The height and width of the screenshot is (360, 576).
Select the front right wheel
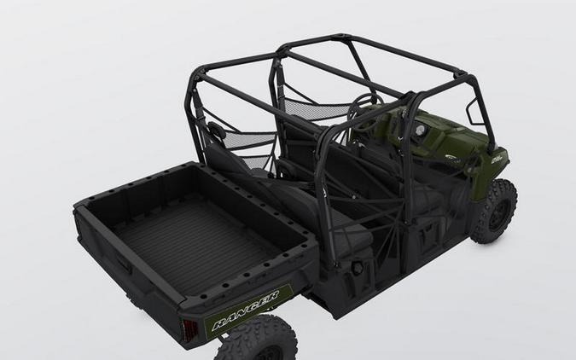496,210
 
